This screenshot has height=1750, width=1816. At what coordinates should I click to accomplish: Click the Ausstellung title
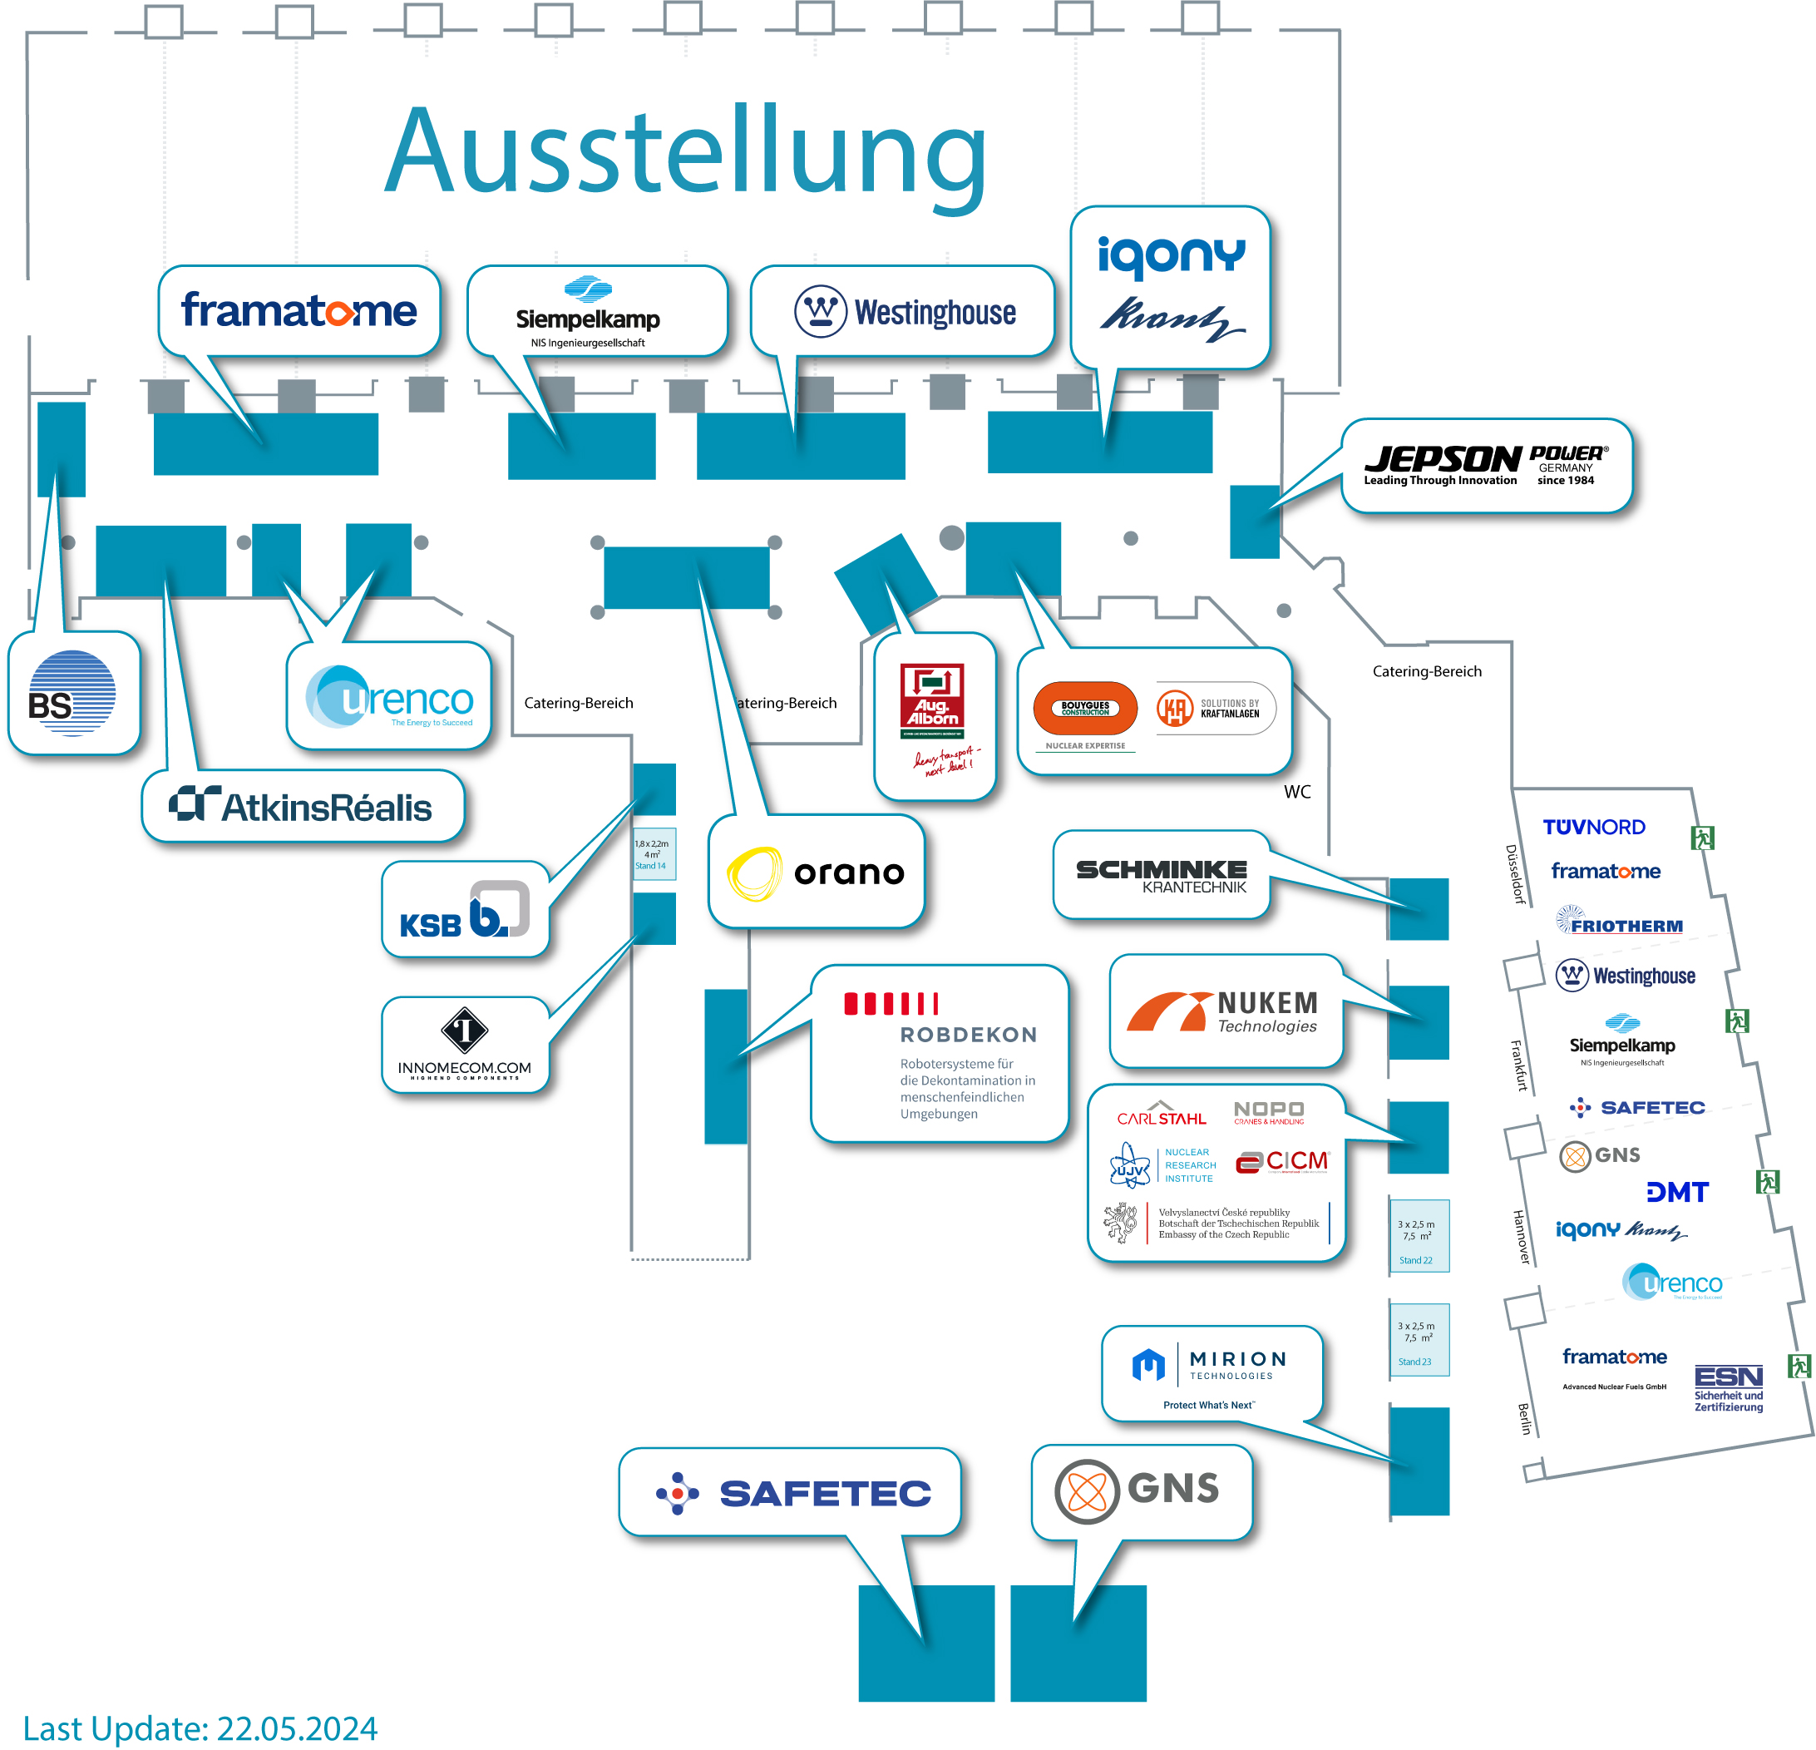[686, 153]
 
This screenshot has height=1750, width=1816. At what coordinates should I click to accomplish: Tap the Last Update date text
[200, 1728]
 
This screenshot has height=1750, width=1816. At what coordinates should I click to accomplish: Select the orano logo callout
[817, 873]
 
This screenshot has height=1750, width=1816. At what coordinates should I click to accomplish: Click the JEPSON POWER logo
[1485, 464]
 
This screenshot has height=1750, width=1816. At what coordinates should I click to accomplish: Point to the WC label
[1297, 792]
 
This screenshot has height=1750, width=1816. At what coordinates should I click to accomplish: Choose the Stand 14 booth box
[654, 853]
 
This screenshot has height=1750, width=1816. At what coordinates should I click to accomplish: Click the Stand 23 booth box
[1418, 1339]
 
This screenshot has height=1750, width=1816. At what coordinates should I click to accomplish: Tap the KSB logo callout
[464, 909]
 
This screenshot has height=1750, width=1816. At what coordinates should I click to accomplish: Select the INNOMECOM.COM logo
[464, 1044]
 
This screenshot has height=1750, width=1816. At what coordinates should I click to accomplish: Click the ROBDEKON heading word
[968, 1035]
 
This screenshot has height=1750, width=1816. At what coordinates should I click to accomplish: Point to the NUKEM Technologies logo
[1223, 1011]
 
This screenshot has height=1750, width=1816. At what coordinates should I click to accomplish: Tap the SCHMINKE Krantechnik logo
[1161, 875]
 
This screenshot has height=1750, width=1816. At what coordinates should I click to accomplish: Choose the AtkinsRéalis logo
[301, 807]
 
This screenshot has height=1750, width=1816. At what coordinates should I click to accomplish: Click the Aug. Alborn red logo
[932, 700]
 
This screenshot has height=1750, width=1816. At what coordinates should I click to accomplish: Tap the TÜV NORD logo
[1594, 827]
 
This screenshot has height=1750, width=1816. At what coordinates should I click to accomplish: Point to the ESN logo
[1728, 1387]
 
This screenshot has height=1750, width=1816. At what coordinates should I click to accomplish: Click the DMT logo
[1677, 1192]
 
